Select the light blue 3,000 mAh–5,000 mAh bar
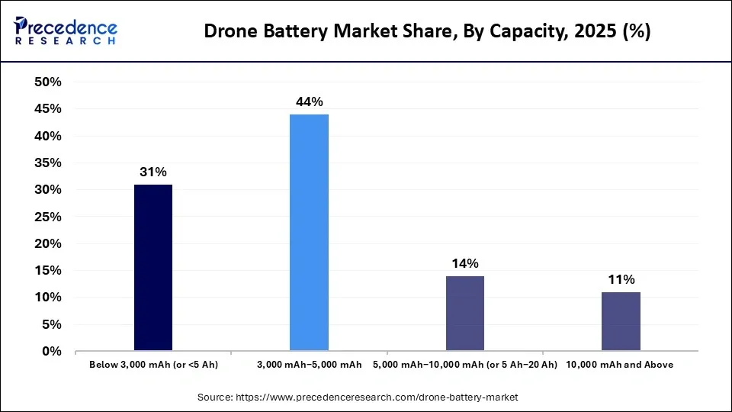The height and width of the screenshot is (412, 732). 309,233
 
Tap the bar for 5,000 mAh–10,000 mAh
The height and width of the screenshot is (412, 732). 464,313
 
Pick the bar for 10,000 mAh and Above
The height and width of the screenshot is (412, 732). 620,321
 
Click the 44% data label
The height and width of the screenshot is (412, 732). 309,101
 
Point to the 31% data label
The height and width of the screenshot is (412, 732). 153,172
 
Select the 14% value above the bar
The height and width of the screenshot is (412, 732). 464,263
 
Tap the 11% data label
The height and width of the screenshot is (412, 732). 620,280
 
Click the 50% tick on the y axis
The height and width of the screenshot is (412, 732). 48,82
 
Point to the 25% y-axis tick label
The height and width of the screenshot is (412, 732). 48,217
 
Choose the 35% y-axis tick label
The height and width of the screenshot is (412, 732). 48,163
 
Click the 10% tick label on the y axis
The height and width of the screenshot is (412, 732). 48,298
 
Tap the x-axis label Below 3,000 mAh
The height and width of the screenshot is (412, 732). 153,365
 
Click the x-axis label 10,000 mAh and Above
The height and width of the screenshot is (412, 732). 620,365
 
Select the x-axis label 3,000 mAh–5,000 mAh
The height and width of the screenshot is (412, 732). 309,365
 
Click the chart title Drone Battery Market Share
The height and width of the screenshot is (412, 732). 426,33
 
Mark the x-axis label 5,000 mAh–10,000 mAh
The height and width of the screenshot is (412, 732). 464,365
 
